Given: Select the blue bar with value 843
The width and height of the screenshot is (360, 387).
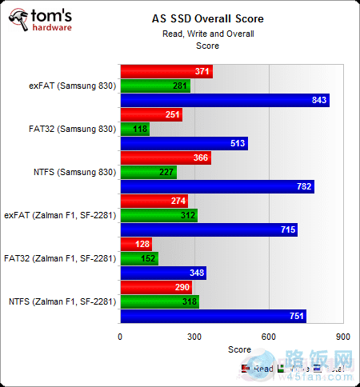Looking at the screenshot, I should [x=224, y=100].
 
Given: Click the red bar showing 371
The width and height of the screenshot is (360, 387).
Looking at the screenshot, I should [x=166, y=71].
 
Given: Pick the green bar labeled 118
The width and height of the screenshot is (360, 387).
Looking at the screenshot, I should [x=134, y=129].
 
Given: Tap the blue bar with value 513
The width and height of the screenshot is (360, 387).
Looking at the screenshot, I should [x=183, y=143].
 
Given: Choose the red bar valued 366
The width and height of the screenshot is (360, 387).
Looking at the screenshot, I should [x=165, y=158].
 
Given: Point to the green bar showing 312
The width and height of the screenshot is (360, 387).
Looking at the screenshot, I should [x=158, y=215].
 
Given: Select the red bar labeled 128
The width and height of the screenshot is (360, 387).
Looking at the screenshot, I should [x=135, y=244].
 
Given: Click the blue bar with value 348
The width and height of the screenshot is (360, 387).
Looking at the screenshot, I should [x=162, y=273].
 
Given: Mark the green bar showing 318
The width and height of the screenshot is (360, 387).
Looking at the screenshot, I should [x=159, y=301].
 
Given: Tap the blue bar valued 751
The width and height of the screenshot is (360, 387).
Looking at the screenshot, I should [x=213, y=316].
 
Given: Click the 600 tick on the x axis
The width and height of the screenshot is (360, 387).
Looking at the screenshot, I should [x=268, y=337].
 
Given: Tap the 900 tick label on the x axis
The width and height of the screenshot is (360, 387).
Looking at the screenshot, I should [x=342, y=337].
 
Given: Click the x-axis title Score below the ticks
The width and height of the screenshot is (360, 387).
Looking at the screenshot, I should [x=239, y=349].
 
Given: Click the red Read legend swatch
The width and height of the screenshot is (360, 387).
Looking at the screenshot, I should [x=245, y=368].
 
